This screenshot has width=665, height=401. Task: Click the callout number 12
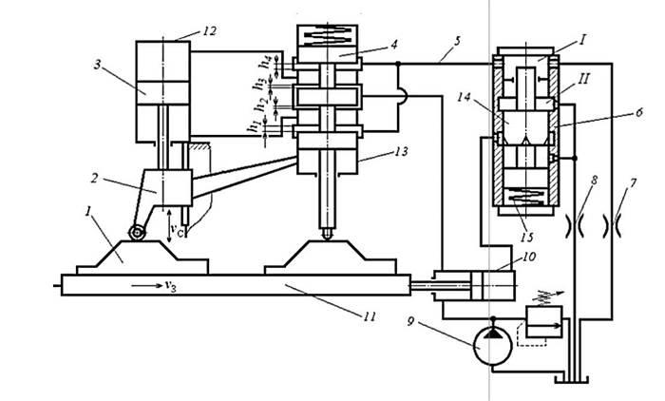[x=208, y=31]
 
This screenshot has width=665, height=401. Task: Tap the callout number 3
[x=98, y=67]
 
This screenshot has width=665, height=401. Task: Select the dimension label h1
[x=256, y=126]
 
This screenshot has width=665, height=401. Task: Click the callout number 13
[x=400, y=151]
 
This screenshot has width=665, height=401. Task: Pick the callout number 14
[x=465, y=97]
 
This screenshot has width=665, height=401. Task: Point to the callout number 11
[x=369, y=316]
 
